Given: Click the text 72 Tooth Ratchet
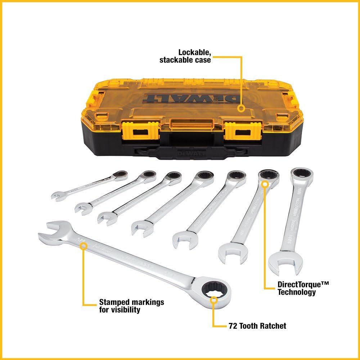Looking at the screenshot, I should (x=257, y=326).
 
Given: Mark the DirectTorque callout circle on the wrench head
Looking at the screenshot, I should (x=265, y=184).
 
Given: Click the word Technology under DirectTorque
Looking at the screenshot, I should (x=296, y=292).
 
